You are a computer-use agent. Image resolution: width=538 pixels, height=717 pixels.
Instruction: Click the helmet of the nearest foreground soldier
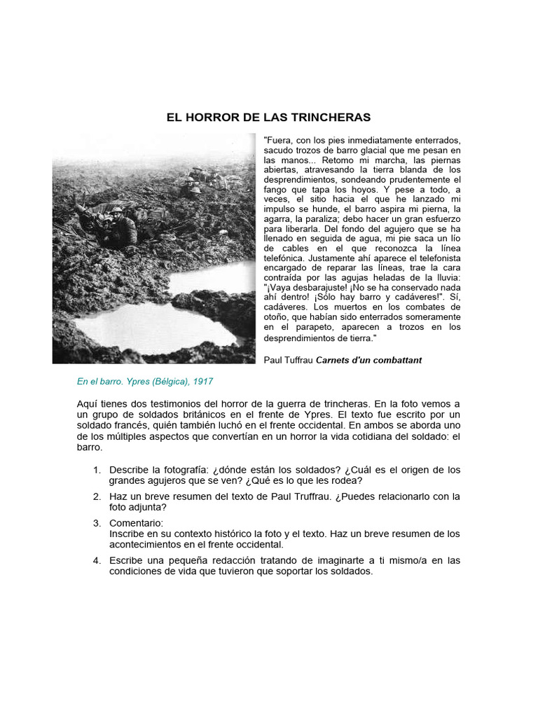[x=116, y=211]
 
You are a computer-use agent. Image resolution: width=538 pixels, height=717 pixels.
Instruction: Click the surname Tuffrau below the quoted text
[x=298, y=360]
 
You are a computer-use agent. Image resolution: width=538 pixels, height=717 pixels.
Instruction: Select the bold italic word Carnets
[x=337, y=360]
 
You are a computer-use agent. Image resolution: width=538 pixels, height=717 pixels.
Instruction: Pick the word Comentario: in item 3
[x=136, y=523]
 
